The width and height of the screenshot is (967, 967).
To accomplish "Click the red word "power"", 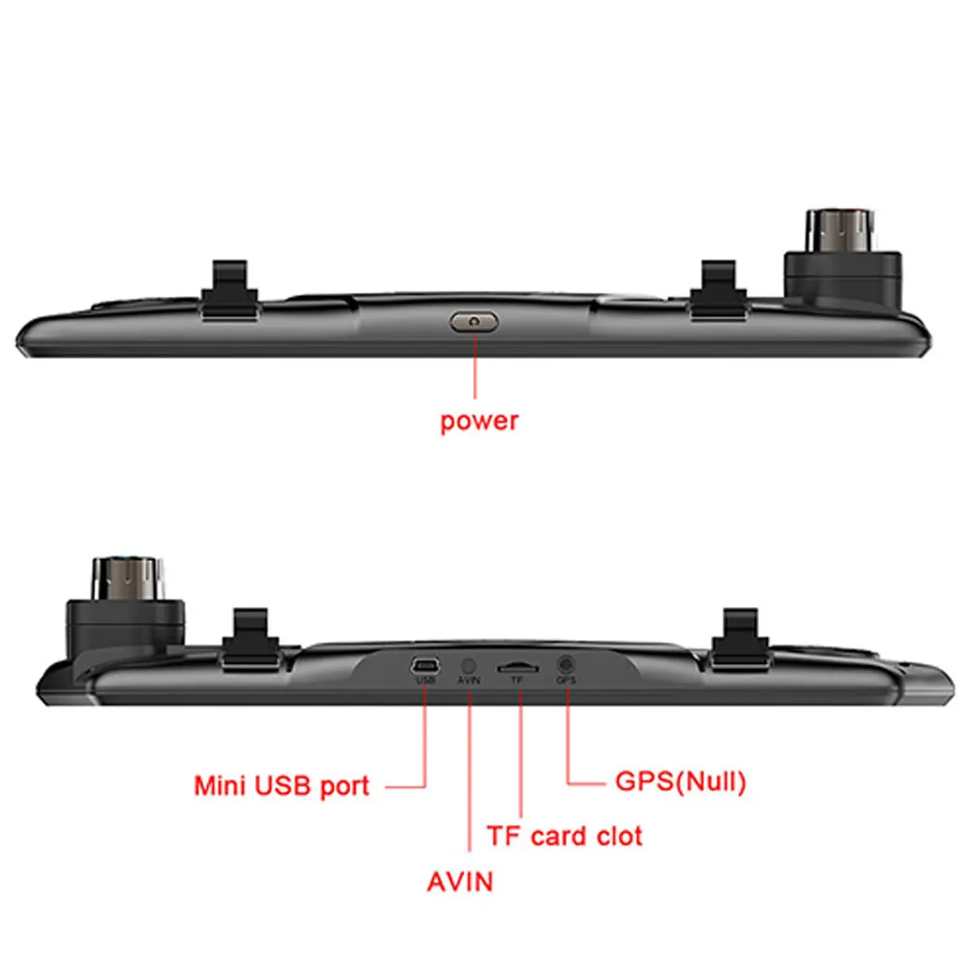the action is point(479,422).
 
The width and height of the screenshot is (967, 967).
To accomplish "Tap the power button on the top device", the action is point(474,320).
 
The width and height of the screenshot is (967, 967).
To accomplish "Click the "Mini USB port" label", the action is point(281,784).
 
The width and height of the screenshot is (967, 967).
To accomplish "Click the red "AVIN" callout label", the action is point(459,881).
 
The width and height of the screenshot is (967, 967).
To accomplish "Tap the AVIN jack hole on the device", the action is point(469,666).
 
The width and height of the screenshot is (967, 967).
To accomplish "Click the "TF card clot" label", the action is point(564,835).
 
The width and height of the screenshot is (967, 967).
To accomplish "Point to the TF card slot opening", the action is point(518,667).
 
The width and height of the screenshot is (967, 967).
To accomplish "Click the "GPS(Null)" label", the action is point(681,781).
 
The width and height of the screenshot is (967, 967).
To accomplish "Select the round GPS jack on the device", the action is point(566,664).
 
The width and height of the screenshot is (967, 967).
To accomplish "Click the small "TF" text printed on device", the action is point(516,681).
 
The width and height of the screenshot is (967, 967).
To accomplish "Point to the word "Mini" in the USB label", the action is point(220,784).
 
